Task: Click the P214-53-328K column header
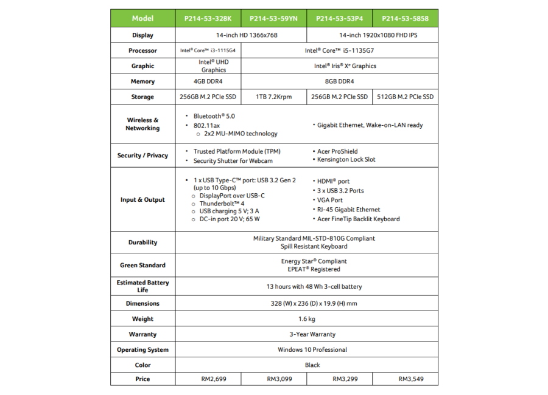click(208, 19)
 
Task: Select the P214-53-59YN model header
click(274, 19)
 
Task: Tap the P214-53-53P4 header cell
click(340, 19)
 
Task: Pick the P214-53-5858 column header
click(405, 19)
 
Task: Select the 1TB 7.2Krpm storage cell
click(274, 97)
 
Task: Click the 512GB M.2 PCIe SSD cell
click(405, 97)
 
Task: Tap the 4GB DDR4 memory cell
click(208, 81)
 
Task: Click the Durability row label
click(142, 242)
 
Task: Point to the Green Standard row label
click(142, 266)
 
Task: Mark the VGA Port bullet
click(329, 200)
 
